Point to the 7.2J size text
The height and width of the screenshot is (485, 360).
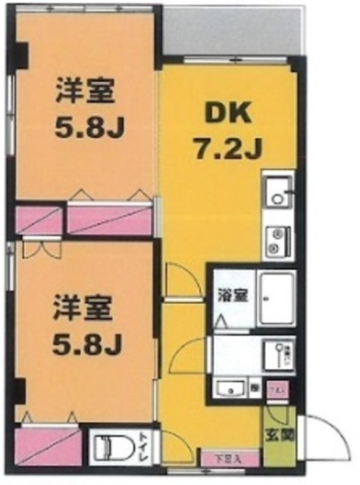[227, 148]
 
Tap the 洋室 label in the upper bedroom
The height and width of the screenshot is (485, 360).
[83, 91]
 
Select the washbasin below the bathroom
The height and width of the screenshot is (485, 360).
[228, 389]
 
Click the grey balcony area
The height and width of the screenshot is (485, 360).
[232, 32]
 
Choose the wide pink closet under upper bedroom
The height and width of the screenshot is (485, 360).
[110, 219]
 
